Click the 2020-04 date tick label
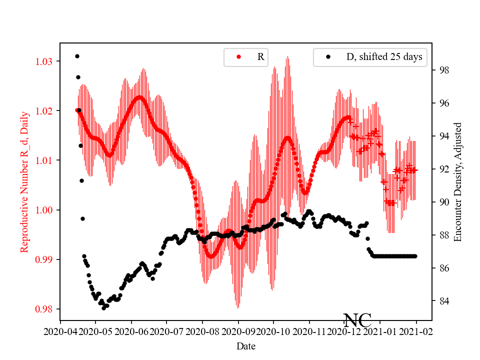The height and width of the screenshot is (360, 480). click(60, 331)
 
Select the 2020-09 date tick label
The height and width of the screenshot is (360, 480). click(238, 331)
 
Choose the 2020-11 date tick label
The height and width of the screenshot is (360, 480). click(309, 331)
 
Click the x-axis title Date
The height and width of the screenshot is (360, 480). click(245, 346)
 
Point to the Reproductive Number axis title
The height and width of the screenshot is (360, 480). click(24, 182)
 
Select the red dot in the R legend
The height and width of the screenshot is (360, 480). click(238, 57)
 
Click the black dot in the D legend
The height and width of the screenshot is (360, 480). click(328, 57)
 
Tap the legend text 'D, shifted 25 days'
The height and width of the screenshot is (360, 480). click(384, 57)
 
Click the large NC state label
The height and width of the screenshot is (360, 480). click(357, 320)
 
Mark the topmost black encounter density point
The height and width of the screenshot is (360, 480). click(77, 56)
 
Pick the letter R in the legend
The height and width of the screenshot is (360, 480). click(260, 57)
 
